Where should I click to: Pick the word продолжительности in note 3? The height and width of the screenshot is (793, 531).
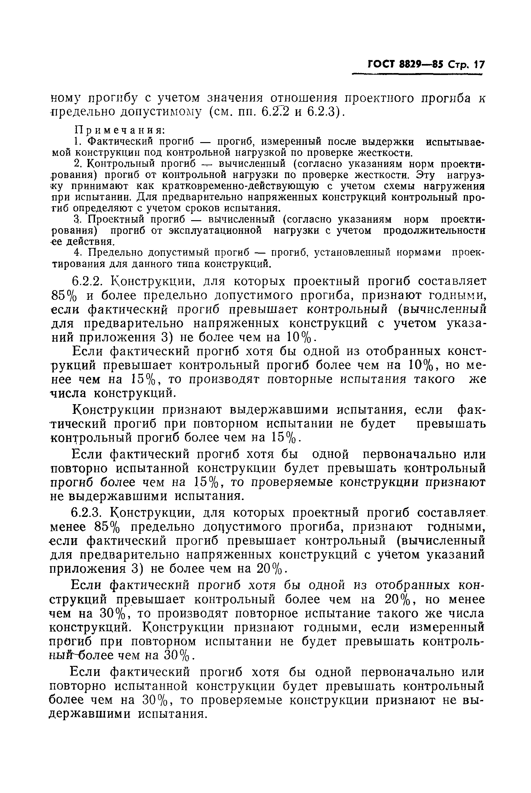pyautogui.click(x=434, y=230)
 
